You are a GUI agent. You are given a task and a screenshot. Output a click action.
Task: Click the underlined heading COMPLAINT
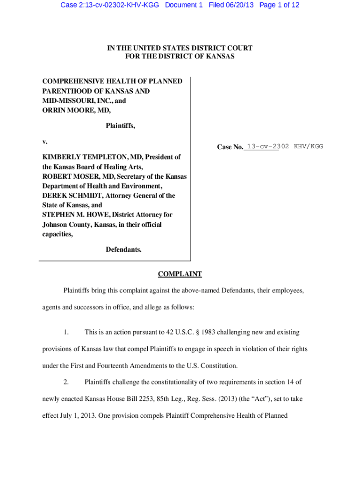(x=180, y=274)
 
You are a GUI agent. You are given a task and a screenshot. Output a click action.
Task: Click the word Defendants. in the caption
(x=123, y=249)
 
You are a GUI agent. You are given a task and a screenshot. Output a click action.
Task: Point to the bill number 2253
(x=142, y=399)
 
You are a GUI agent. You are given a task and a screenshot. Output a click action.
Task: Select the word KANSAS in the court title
(x=220, y=56)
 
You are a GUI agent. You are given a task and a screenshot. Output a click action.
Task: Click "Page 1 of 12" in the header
(x=279, y=5)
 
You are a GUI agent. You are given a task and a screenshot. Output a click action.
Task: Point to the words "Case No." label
(x=230, y=147)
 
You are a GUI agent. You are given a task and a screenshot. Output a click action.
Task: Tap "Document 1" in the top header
(x=184, y=5)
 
